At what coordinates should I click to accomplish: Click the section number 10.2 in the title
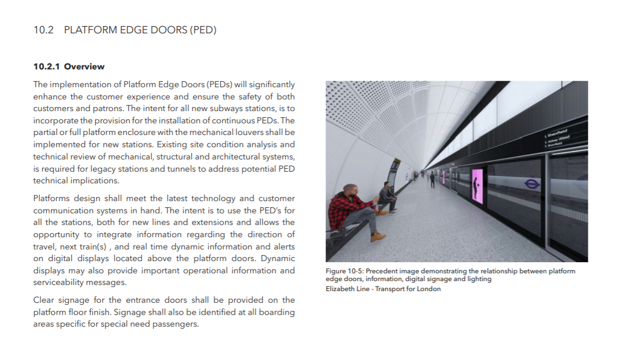point(43,30)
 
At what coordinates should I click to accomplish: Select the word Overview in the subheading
point(84,67)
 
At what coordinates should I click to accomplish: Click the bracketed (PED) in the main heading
point(203,30)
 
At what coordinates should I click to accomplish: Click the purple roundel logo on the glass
point(532,183)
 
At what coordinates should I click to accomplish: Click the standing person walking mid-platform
point(432,179)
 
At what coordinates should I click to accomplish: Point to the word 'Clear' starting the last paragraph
point(44,300)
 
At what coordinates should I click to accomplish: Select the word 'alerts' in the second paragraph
point(284,246)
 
